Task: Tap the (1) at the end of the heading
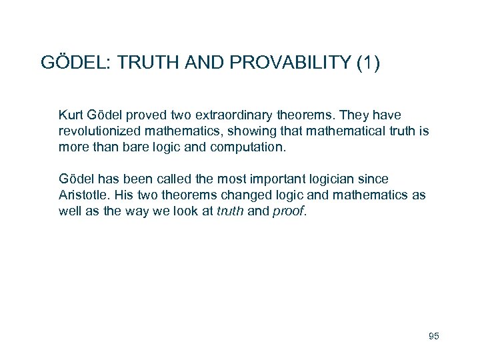[x=368, y=63]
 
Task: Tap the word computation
[x=247, y=145]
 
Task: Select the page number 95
[x=433, y=336]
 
